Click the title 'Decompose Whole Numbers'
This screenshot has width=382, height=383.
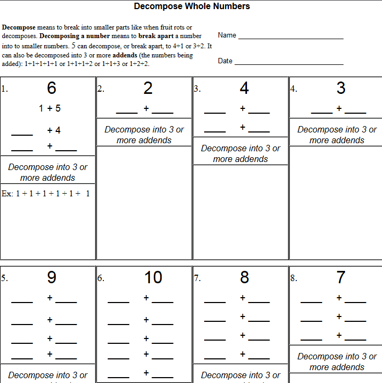pyautogui.click(x=192, y=6)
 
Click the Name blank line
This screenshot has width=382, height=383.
pyautogui.click(x=290, y=38)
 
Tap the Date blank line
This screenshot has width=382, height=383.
pyautogui.click(x=289, y=64)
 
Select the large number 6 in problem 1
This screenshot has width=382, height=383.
pyautogui.click(x=51, y=88)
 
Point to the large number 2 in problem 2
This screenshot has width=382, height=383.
pyautogui.click(x=148, y=88)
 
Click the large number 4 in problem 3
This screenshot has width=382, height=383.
pyautogui.click(x=244, y=88)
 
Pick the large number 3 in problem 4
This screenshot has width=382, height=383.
pyautogui.click(x=341, y=88)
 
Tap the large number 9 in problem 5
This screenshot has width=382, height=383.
pyautogui.click(x=51, y=277)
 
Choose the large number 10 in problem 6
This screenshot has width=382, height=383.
pyautogui.click(x=153, y=277)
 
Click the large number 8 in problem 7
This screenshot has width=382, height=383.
pyautogui.click(x=244, y=277)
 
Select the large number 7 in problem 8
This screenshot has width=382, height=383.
pyautogui.click(x=341, y=277)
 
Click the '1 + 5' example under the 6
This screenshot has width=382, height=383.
pyautogui.click(x=50, y=108)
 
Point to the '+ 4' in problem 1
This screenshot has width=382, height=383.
pyautogui.click(x=54, y=130)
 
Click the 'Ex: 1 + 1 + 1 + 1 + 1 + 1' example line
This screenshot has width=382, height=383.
pyautogui.click(x=46, y=194)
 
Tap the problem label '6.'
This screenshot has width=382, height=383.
pyautogui.click(x=100, y=278)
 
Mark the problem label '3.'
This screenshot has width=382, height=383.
pyautogui.click(x=197, y=90)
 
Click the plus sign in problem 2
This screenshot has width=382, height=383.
pyautogui.click(x=146, y=109)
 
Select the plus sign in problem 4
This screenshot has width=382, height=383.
pyautogui.click(x=339, y=109)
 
